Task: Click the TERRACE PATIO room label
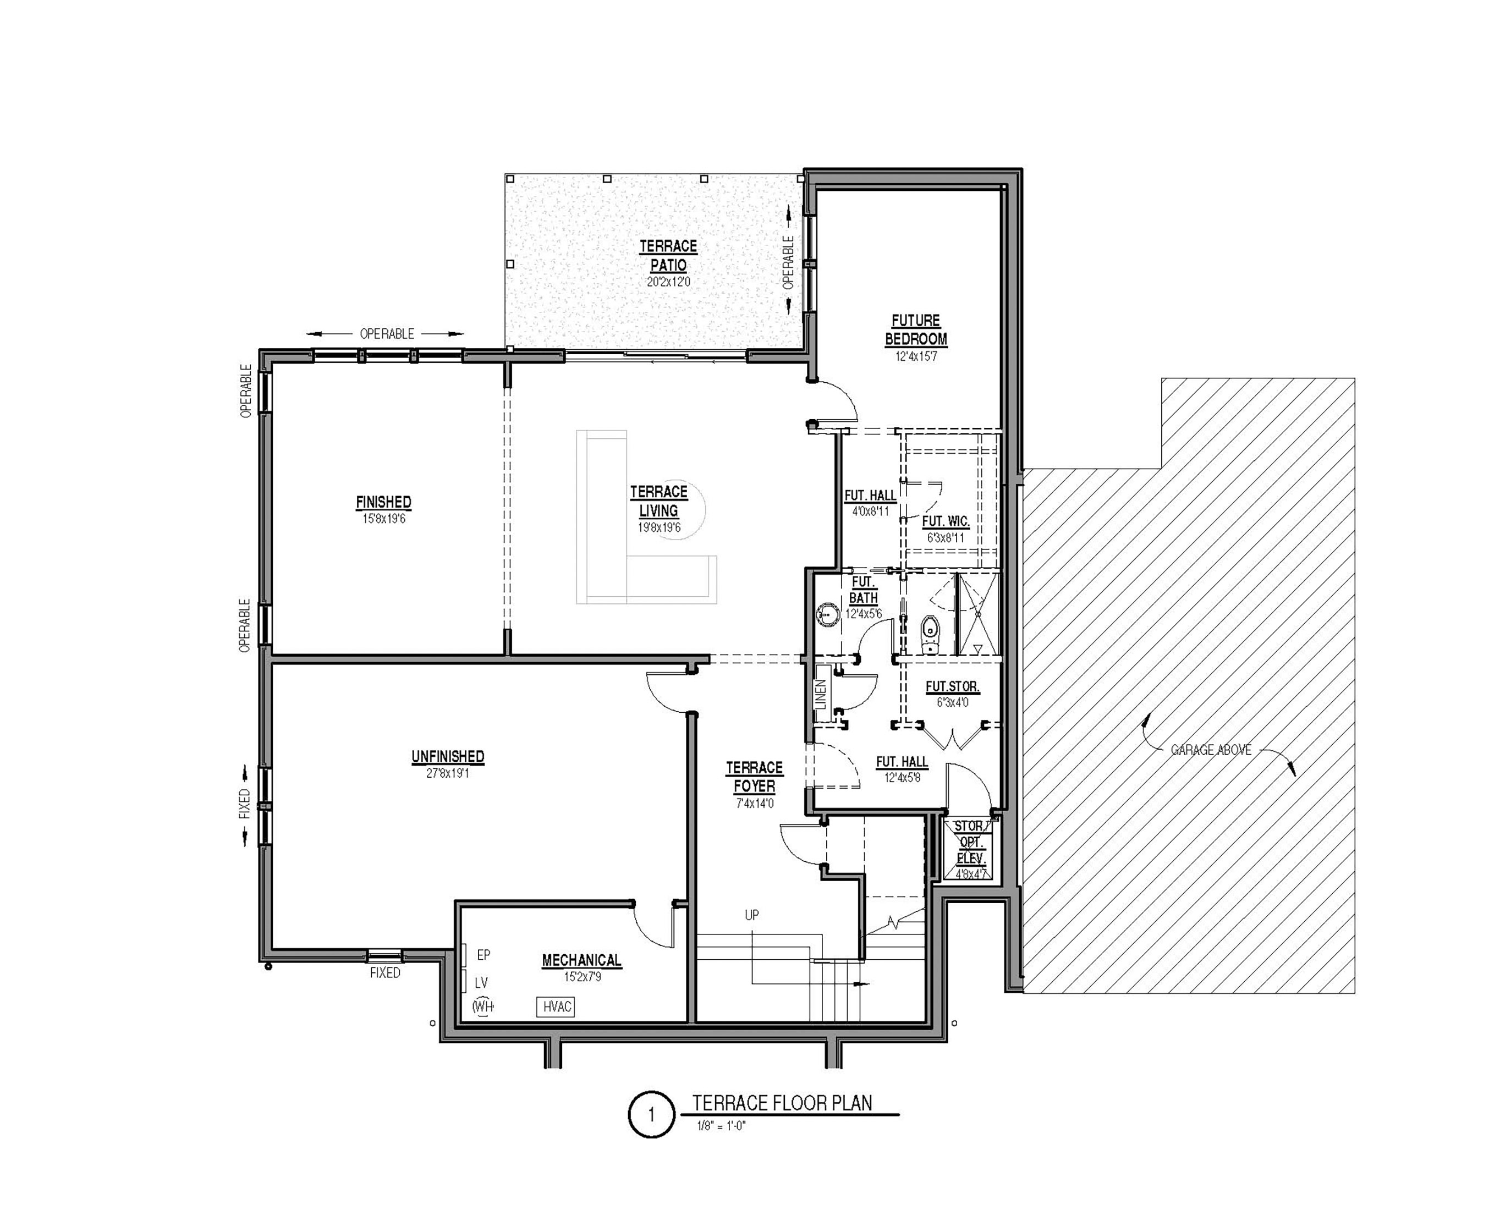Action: [x=668, y=256]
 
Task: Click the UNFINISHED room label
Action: [x=448, y=756]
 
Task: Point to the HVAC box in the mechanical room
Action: [x=556, y=1007]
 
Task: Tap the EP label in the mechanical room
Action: [x=483, y=955]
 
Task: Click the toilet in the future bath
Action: [x=930, y=634]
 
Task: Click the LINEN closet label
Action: [x=821, y=694]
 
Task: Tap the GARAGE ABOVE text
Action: [x=1211, y=750]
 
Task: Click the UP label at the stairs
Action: [x=751, y=915]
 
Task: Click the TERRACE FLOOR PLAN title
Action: [x=782, y=1103]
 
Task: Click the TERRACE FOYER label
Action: [x=754, y=777]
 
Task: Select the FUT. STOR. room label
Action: [x=952, y=686]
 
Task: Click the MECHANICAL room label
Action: [x=582, y=960]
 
